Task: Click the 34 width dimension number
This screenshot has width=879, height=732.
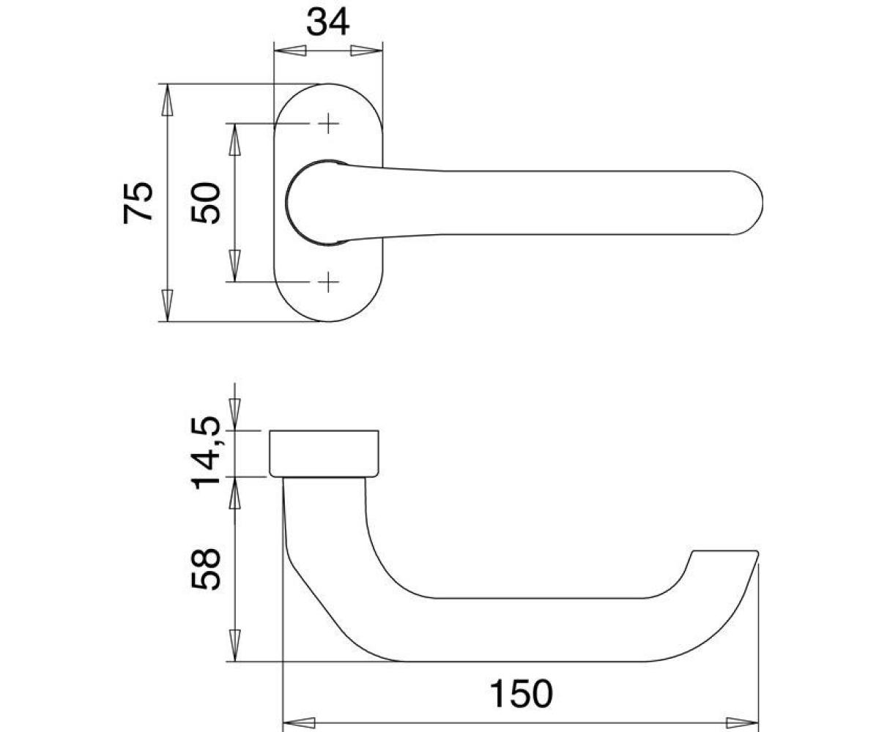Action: tap(327, 23)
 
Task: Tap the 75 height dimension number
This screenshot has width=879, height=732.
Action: tap(138, 203)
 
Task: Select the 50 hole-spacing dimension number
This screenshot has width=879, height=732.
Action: tap(205, 202)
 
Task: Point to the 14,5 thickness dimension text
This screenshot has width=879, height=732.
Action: tap(205, 452)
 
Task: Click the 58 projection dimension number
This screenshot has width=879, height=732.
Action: tap(205, 569)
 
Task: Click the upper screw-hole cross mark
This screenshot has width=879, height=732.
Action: tap(328, 123)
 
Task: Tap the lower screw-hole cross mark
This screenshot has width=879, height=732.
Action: tap(328, 281)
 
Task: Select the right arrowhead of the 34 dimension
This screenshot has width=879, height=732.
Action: tap(367, 51)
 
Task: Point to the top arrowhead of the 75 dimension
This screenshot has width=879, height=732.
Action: tap(168, 100)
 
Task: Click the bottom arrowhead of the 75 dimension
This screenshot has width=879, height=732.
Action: tap(168, 306)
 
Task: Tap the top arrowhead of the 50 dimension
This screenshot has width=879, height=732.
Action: tap(234, 139)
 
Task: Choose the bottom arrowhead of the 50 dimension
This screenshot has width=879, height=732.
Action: tap(234, 266)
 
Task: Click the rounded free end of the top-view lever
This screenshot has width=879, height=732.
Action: tap(749, 202)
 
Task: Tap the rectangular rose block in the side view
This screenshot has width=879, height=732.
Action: tap(324, 454)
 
